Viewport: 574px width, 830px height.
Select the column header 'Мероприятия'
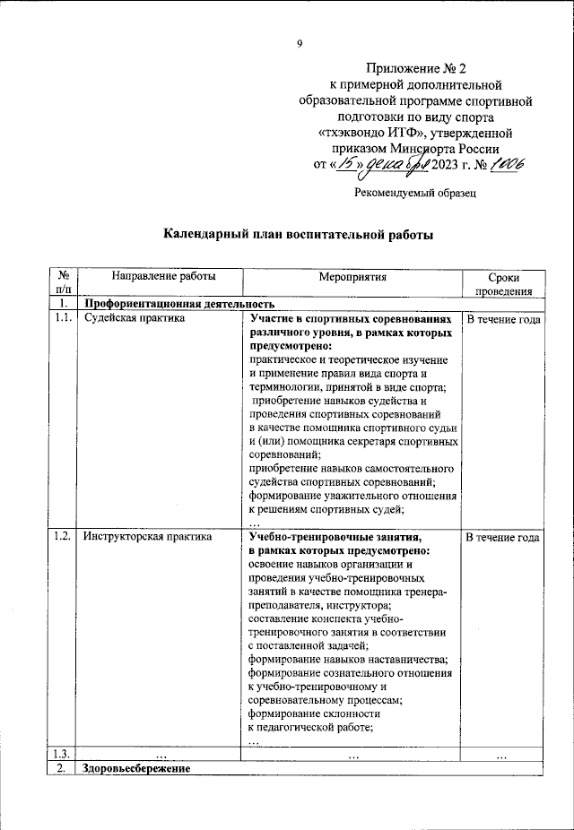coord(352,277)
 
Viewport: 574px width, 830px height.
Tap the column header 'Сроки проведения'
coord(503,284)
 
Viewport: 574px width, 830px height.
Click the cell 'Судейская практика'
coord(134,318)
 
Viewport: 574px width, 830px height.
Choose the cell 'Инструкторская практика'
coord(147,537)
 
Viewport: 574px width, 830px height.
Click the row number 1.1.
coord(63,318)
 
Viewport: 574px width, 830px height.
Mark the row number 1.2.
coord(63,537)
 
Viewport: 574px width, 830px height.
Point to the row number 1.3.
coord(63,754)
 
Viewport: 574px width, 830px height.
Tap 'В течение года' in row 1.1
coord(502,318)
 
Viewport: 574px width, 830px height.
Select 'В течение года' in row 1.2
coord(502,537)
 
